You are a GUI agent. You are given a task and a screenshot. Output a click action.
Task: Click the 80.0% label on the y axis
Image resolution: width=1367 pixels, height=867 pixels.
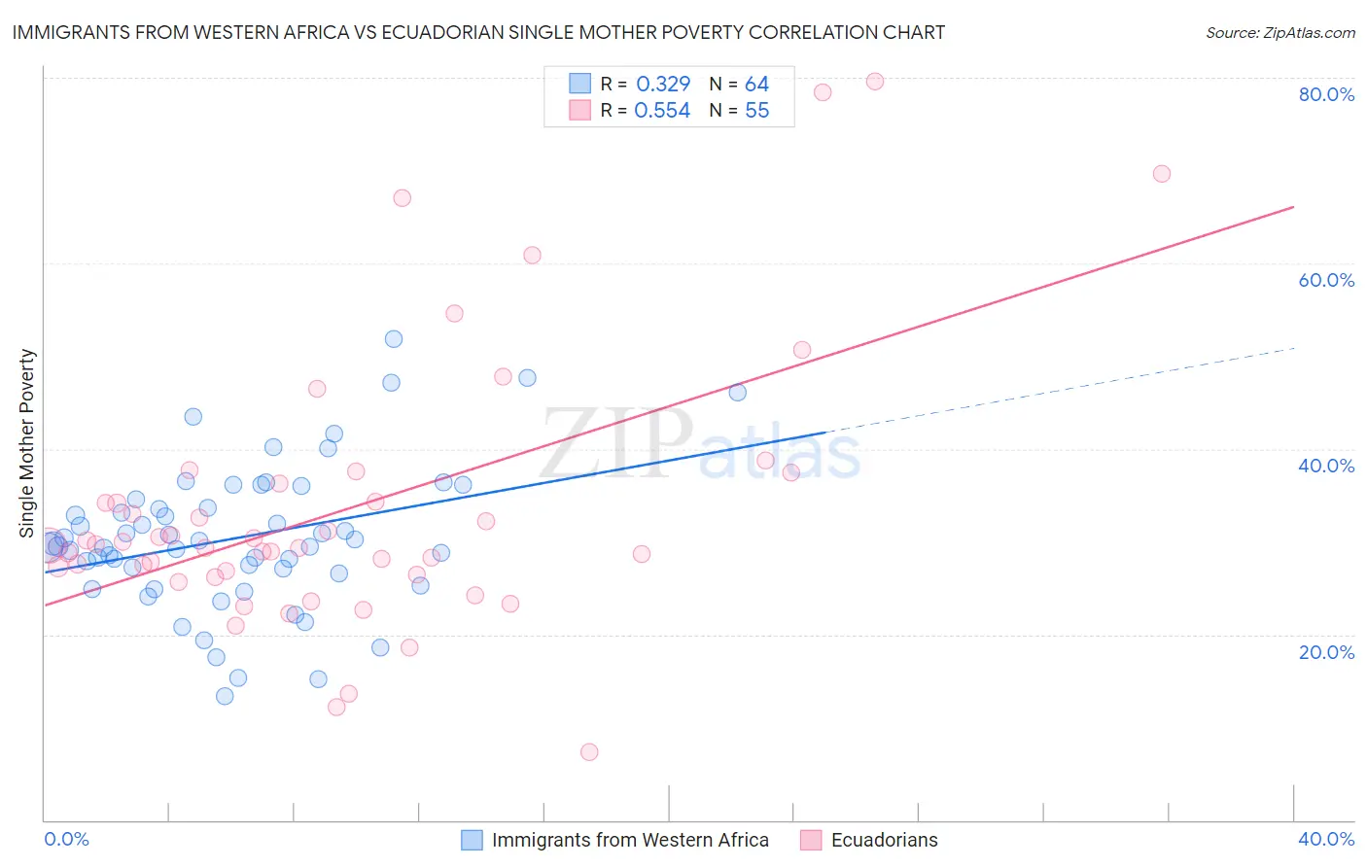1326,94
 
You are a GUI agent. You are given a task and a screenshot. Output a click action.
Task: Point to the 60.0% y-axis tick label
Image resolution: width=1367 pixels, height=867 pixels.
1326,280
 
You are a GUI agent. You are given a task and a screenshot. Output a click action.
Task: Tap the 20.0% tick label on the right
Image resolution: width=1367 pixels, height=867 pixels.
1326,651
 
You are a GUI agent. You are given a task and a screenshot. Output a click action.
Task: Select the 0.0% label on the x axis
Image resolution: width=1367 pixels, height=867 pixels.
67,839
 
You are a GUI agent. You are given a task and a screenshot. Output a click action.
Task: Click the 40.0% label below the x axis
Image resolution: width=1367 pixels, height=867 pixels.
1326,839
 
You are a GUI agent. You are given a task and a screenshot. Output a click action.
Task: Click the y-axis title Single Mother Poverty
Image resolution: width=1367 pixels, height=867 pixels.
26,443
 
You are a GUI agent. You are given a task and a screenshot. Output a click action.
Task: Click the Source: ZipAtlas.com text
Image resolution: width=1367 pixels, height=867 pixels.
1279,32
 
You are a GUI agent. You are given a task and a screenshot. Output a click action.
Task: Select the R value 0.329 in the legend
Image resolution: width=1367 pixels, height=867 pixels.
663,84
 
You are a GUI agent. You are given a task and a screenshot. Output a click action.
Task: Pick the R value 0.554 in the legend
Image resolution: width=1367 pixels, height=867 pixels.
662,110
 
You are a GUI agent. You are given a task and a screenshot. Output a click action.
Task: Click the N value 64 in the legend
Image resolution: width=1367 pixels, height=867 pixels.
756,84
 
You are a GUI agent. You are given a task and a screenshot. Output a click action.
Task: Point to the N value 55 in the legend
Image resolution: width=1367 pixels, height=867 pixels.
756,110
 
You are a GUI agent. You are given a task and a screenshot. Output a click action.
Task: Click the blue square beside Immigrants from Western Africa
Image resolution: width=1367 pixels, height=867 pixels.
472,840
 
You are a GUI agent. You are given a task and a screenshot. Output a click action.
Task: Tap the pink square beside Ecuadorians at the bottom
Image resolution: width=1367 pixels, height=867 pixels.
811,840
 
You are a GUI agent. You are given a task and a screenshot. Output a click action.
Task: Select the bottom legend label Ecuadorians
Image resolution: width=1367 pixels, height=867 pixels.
885,840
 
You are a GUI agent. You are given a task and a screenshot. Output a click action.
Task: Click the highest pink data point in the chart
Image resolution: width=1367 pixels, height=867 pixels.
875,82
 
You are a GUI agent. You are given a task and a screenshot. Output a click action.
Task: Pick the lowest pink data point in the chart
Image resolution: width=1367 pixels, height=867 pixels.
589,752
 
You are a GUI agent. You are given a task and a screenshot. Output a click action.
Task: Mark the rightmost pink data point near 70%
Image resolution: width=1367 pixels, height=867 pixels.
1162,174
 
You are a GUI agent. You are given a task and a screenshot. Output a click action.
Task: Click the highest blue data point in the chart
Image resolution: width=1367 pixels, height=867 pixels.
394,339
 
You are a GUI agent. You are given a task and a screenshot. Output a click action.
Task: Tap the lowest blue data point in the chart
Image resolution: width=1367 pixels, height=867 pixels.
225,696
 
